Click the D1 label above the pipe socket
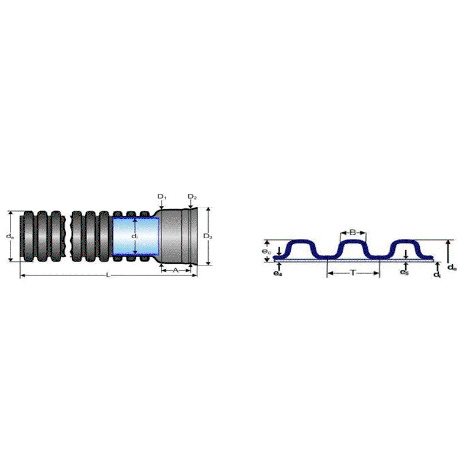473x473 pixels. click(162, 196)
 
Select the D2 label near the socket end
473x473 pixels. click(192, 196)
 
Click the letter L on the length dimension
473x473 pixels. click(108, 276)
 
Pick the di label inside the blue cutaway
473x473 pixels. click(135, 236)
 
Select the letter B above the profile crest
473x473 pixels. click(352, 232)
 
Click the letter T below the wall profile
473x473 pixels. click(352, 273)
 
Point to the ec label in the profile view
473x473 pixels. click(267, 251)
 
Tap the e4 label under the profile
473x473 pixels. click(277, 273)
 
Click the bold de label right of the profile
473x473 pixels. click(451, 268)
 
